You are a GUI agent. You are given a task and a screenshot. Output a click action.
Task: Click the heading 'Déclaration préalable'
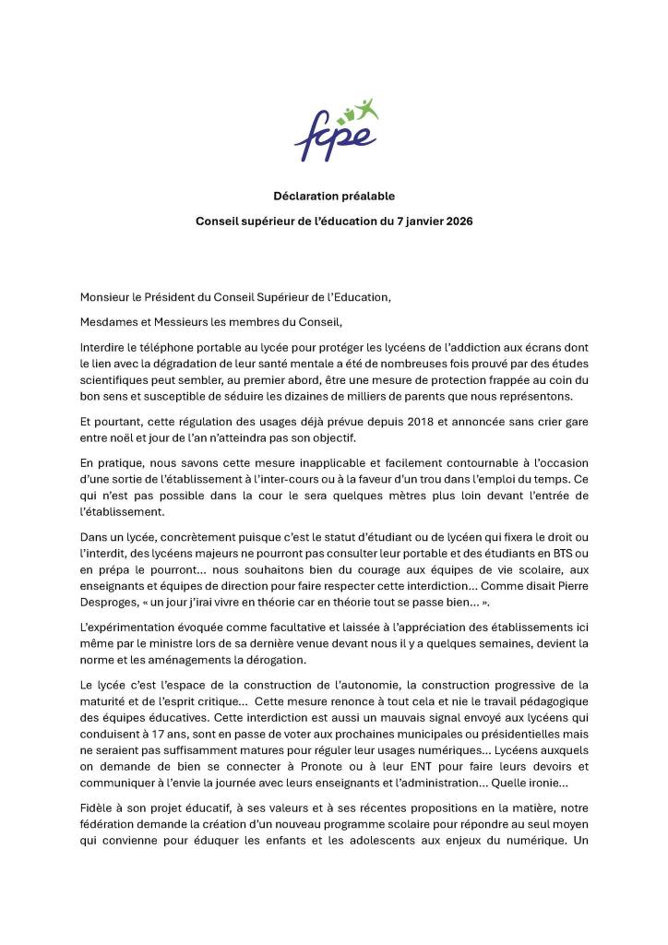click(x=334, y=196)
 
